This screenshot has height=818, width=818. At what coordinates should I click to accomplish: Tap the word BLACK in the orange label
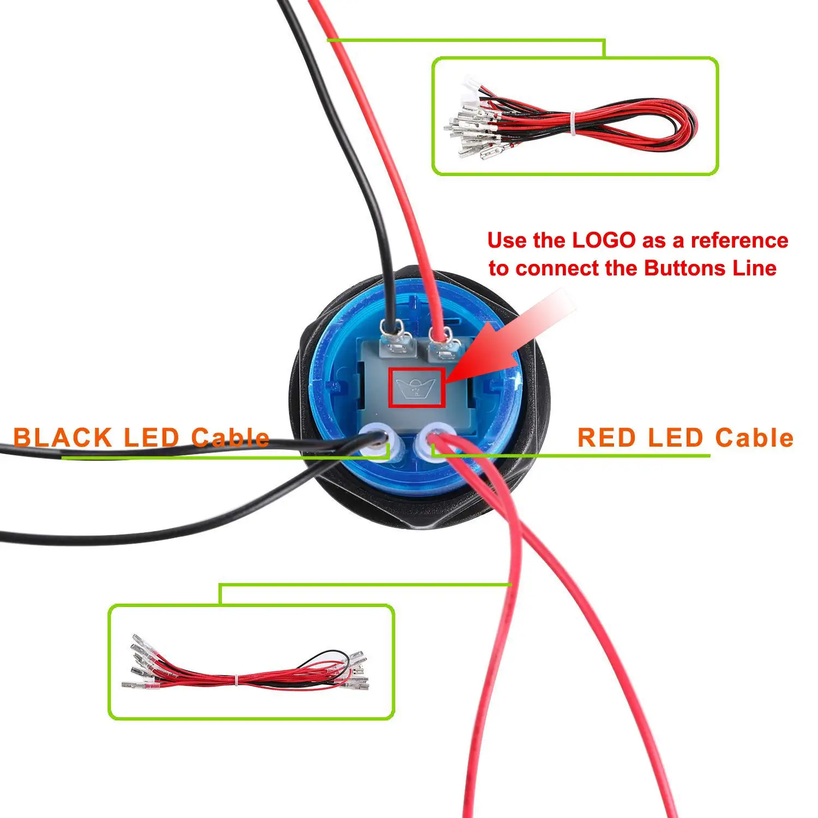click(62, 438)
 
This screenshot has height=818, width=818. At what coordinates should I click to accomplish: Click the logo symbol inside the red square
click(416, 388)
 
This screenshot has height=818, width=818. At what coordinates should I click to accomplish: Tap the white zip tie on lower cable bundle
click(238, 681)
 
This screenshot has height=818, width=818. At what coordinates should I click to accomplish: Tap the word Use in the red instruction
click(507, 240)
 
